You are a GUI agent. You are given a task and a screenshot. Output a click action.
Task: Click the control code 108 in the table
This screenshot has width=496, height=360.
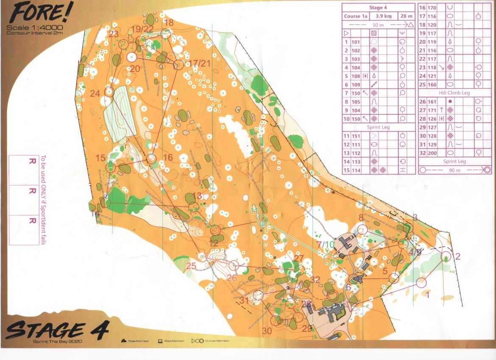pyautogui.click(x=355, y=76)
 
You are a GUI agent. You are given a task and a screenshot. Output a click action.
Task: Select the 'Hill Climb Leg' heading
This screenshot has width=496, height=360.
pyautogui.click(x=454, y=93)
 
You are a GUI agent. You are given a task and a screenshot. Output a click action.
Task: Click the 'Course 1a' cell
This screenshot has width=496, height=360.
pyautogui.click(x=355, y=16)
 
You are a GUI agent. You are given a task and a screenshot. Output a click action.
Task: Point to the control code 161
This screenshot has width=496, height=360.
pyautogui.click(x=432, y=102)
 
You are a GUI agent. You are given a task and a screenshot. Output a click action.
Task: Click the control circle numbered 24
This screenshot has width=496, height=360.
pyautogui.click(x=109, y=91)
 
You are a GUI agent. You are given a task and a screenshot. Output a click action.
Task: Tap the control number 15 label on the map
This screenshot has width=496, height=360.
pyautogui.click(x=100, y=158)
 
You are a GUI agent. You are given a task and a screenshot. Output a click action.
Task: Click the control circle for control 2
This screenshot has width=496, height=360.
pyautogui.click(x=446, y=256)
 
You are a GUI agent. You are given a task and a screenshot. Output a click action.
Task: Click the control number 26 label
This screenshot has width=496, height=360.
pyautogui.click(x=231, y=278)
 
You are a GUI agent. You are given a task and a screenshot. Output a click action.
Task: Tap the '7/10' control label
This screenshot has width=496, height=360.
pyautogui.click(x=325, y=244)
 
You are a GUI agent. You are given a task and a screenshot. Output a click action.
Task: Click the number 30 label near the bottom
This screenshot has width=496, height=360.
pyautogui.click(x=267, y=331)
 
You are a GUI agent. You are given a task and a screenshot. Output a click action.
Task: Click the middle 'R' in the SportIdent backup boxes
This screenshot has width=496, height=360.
pyautogui.click(x=31, y=191)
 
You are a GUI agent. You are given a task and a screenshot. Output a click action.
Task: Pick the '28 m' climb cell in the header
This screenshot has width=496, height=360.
pyautogui.click(x=406, y=16)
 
